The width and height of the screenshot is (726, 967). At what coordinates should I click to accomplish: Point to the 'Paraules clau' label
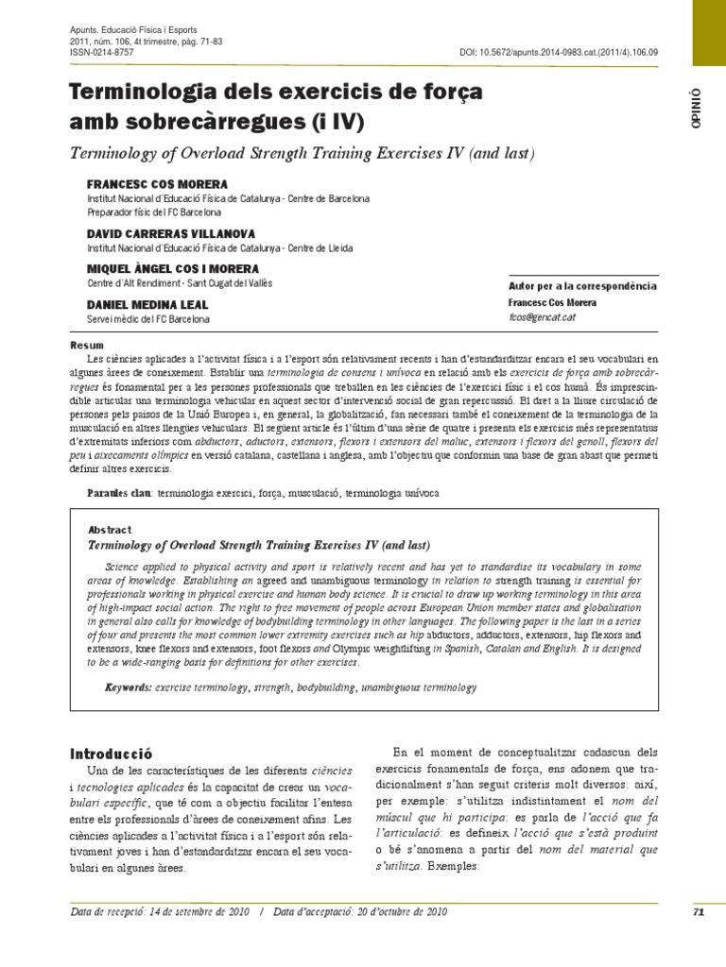(x=119, y=493)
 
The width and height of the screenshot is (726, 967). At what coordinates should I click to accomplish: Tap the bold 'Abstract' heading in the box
(x=109, y=530)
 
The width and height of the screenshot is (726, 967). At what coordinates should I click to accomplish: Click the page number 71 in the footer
(x=699, y=912)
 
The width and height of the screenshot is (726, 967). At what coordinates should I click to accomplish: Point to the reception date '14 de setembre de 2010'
(x=199, y=912)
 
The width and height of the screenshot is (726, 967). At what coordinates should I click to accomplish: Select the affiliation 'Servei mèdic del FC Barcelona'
(x=148, y=320)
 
